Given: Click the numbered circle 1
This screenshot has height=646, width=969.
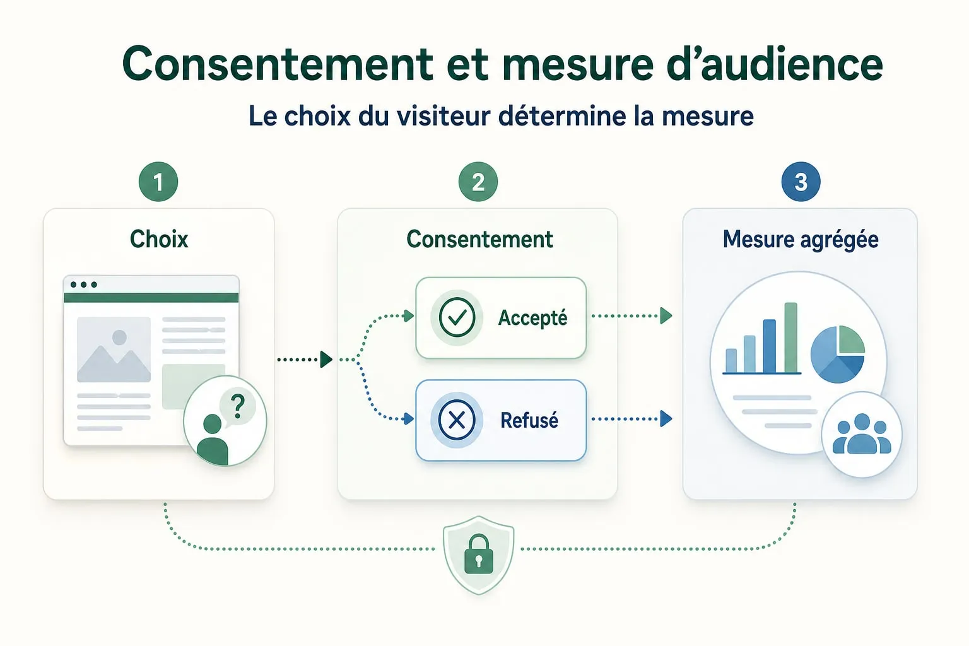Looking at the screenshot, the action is click(x=158, y=182).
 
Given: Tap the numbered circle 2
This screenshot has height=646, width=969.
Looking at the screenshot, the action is click(x=478, y=182).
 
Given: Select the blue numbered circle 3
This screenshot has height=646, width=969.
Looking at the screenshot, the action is click(x=801, y=182).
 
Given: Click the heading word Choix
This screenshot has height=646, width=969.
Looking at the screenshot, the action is click(x=159, y=239).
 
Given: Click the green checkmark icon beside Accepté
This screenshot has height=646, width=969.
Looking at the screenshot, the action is click(x=457, y=317).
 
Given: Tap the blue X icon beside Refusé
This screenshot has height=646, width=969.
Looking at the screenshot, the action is click(x=457, y=420).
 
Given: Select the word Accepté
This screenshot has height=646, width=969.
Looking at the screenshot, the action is click(x=532, y=319).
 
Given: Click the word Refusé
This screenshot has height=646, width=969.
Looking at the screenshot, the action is click(x=529, y=420).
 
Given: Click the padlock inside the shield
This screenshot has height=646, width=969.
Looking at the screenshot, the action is click(x=478, y=555).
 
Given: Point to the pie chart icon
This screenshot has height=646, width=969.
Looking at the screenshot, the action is click(x=838, y=355).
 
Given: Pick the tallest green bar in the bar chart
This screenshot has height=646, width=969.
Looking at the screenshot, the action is click(x=790, y=338).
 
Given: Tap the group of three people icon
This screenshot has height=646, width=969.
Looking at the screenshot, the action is click(x=862, y=433).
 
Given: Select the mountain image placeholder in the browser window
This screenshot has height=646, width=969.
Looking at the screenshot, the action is click(x=114, y=349).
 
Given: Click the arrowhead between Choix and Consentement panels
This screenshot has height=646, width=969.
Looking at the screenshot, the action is click(x=326, y=360).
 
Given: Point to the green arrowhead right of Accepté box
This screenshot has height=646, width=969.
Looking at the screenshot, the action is click(x=666, y=316).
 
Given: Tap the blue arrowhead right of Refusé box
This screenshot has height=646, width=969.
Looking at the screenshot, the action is click(x=666, y=419).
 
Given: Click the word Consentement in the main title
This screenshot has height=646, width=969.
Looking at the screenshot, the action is click(x=278, y=64).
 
